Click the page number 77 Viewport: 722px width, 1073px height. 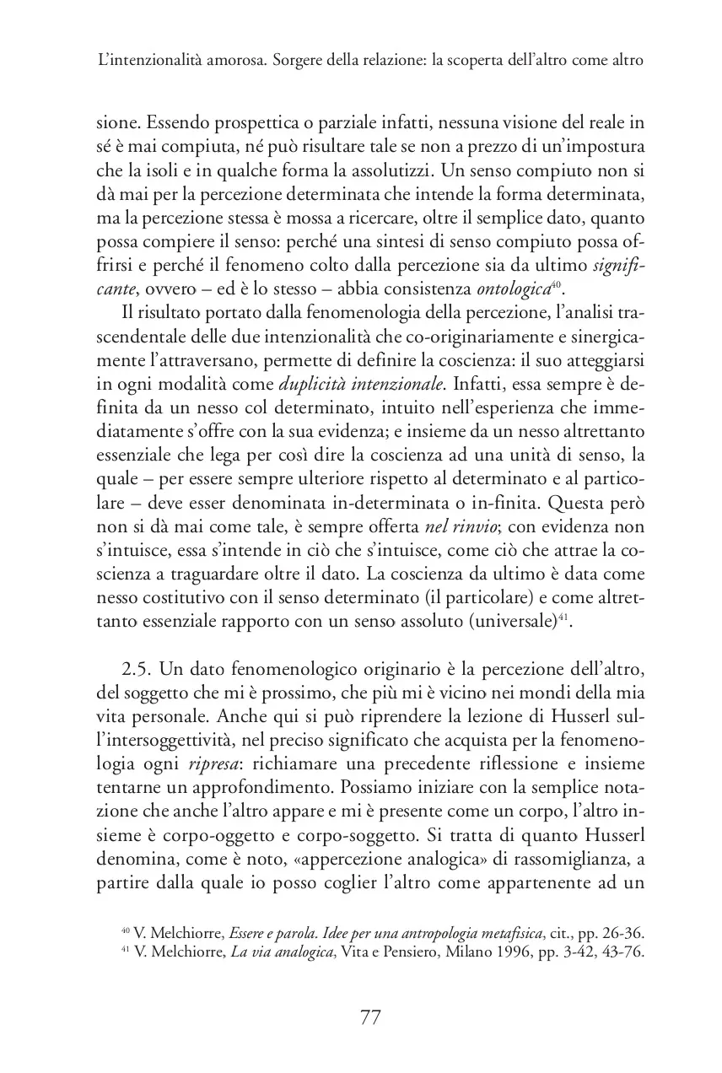[370, 1017]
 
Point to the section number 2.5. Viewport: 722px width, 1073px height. [140, 668]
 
